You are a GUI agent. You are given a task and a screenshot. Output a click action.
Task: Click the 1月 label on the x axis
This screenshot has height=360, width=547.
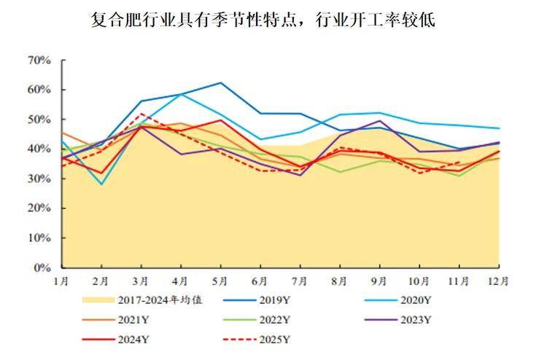(x=62, y=279)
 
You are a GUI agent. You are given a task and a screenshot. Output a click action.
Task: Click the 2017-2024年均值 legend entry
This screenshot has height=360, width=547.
(x=139, y=300)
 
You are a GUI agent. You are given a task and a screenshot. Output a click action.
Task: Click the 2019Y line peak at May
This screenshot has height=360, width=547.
(x=221, y=83)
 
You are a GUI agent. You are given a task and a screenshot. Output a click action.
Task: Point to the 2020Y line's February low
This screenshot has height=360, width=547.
(x=101, y=184)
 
